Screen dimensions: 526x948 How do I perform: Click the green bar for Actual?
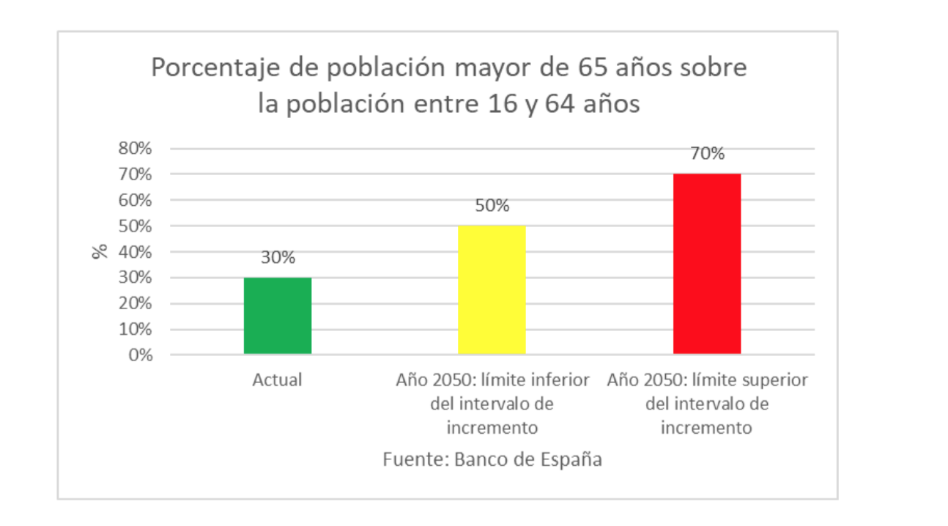(278, 316)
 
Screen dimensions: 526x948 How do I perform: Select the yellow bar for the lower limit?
(492, 289)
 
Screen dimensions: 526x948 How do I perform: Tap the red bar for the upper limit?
(706, 264)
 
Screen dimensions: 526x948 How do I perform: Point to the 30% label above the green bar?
(278, 258)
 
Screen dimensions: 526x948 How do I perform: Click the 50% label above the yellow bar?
(492, 206)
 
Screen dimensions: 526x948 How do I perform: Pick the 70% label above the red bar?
(706, 154)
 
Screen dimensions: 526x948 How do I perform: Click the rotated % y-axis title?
(100, 251)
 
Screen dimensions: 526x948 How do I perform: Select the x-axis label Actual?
(277, 380)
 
